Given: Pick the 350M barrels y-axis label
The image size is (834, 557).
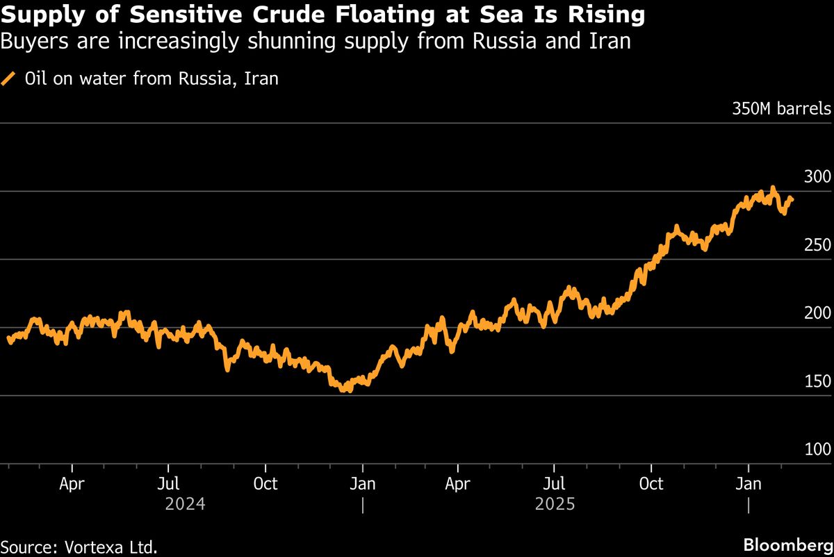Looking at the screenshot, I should (x=780, y=109).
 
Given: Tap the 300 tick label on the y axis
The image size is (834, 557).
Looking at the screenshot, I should (x=817, y=177).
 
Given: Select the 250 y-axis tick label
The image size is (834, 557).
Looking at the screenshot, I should (x=817, y=245).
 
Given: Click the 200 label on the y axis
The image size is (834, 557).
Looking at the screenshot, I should (x=817, y=313).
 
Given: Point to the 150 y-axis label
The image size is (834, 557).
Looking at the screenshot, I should (x=817, y=381).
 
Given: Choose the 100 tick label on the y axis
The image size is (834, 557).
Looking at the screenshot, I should (x=817, y=449).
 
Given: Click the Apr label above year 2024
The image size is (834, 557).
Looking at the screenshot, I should (x=72, y=483).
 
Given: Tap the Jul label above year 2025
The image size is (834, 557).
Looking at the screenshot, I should (x=554, y=483).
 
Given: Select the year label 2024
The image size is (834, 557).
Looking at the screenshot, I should (x=185, y=504).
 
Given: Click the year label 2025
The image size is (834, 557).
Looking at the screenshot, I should (x=555, y=504).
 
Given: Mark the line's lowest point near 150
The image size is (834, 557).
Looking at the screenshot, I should (x=345, y=390).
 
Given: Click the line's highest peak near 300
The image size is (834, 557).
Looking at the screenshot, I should (x=772, y=188).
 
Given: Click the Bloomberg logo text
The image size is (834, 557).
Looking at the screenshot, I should (x=787, y=544).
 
